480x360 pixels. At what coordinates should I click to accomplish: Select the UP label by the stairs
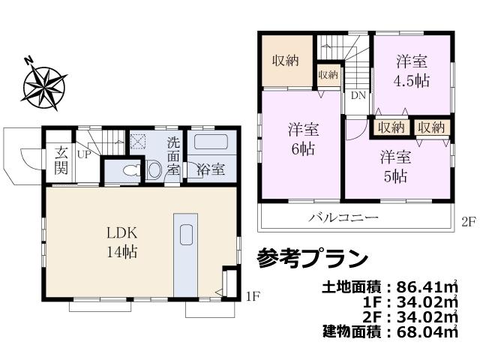(82, 154)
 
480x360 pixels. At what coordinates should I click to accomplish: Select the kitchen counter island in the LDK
(185, 255)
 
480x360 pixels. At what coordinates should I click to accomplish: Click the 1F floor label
(253, 296)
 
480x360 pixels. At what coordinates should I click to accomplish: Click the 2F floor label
(469, 222)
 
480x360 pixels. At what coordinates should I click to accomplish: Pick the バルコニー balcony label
(344, 218)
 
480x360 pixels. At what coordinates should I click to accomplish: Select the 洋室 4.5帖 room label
(412, 69)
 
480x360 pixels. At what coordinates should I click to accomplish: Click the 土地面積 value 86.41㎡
(421, 286)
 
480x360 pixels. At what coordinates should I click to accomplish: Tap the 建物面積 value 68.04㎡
(421, 329)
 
